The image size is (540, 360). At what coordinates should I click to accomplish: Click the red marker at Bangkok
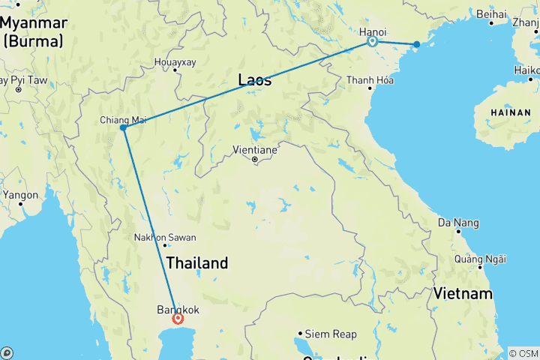pyautogui.click(x=178, y=318)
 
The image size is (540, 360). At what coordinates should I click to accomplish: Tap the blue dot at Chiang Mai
pyautogui.click(x=123, y=127)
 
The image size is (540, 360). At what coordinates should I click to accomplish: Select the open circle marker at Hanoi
pyautogui.click(x=371, y=43)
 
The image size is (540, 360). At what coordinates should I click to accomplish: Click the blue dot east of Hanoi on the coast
pyautogui.click(x=417, y=45)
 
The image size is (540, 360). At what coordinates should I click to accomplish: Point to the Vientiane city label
pyautogui.click(x=255, y=150)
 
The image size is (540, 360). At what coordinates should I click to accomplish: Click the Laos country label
pyautogui.click(x=255, y=80)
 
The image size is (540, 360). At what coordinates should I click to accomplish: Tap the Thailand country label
pyautogui.click(x=196, y=263)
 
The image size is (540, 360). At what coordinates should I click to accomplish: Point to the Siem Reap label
pyautogui.click(x=329, y=334)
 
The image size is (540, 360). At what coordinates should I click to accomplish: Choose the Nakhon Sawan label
pyautogui.click(x=165, y=238)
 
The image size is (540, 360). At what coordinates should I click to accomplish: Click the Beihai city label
pyautogui.click(x=492, y=14)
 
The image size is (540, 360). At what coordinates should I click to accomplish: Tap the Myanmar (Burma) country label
pyautogui.click(x=34, y=31)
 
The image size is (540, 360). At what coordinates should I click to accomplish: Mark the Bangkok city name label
pyautogui.click(x=178, y=309)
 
